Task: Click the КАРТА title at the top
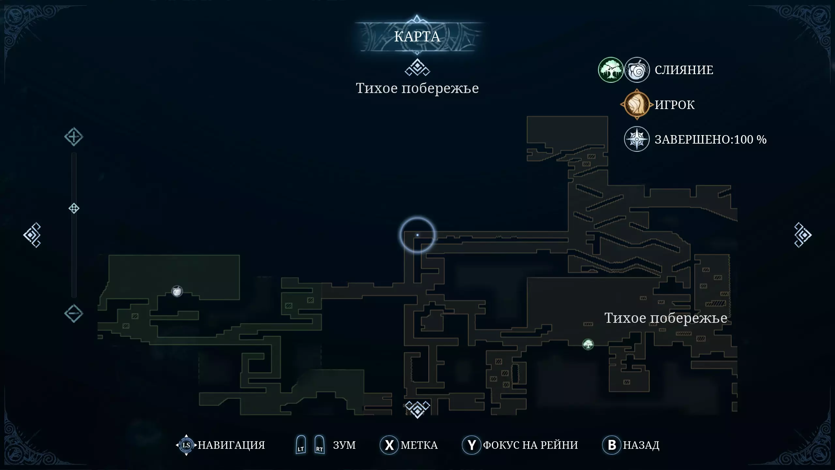click(417, 37)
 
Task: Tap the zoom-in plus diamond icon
click(73, 137)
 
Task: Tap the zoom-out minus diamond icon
click(73, 314)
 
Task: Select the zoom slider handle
click(74, 208)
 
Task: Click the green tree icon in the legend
click(611, 70)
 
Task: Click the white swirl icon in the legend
click(637, 70)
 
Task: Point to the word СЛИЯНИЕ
click(684, 70)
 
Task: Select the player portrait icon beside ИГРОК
click(636, 105)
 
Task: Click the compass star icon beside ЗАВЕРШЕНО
click(637, 139)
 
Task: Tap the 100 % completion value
click(750, 139)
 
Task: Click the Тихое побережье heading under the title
click(417, 88)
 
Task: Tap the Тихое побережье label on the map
click(665, 318)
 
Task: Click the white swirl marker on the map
click(177, 291)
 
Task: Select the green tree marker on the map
click(588, 344)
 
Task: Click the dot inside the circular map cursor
click(417, 235)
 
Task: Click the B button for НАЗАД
click(612, 445)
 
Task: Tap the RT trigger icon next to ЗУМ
click(319, 445)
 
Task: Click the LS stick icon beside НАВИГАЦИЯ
click(186, 445)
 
